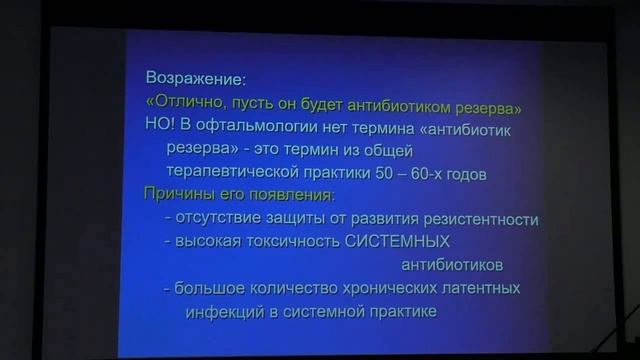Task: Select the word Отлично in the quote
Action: coord(192,105)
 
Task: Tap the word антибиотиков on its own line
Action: coord(451,265)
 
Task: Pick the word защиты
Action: coord(303,219)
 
